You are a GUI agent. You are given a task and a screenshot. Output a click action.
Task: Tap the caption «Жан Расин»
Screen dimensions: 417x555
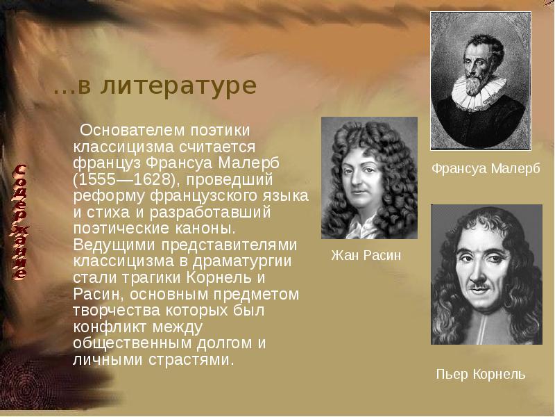pos(366,256)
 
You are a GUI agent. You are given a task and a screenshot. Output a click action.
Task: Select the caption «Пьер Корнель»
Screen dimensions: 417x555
pos(480,375)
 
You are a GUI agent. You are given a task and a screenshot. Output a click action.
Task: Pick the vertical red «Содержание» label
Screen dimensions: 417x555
pos(22,222)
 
